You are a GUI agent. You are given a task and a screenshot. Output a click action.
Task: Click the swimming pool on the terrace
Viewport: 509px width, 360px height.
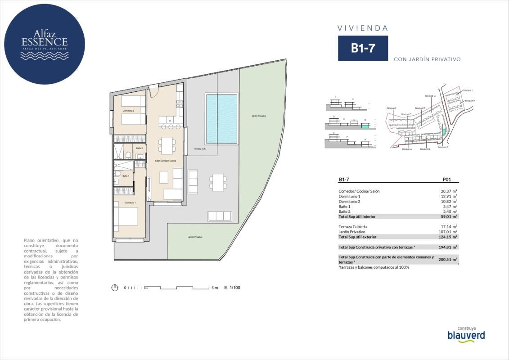(221, 118)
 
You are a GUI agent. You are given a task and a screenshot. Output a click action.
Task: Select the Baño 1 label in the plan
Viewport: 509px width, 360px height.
(125, 176)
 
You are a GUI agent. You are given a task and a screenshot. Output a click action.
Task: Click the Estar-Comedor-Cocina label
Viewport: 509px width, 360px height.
(165, 161)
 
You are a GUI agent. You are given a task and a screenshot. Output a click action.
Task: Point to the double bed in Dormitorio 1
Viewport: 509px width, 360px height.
(125, 216)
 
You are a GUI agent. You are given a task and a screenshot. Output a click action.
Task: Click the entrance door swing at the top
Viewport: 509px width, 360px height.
(153, 90)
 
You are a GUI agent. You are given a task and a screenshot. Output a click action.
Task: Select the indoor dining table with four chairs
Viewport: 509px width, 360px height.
(167, 145)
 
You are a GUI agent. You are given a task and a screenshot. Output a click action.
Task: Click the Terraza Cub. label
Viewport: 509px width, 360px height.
(200, 149)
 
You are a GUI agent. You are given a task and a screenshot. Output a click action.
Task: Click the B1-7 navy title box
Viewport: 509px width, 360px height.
(363, 49)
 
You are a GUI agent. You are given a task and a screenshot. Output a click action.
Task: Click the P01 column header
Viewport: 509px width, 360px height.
(447, 179)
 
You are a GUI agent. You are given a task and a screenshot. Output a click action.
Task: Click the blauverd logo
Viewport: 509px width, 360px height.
(466, 335)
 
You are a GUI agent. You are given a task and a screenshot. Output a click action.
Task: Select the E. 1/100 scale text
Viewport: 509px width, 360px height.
(232, 288)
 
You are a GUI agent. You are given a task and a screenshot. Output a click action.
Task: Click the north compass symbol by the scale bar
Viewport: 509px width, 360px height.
(115, 288)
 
